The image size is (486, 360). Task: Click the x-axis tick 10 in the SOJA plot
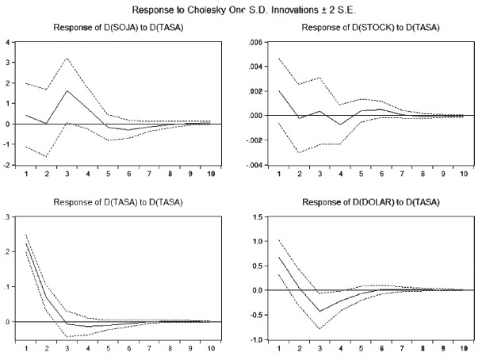[211, 174]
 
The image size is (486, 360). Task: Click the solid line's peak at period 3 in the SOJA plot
[67, 90]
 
